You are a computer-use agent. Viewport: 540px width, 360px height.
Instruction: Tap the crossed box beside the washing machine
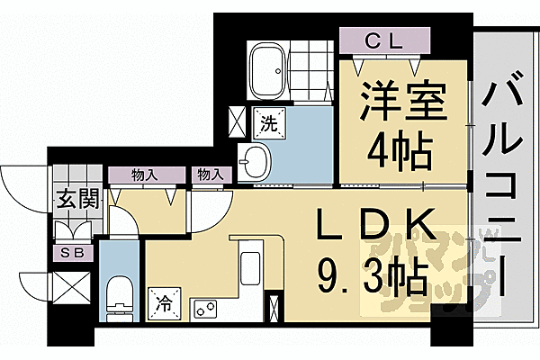(x=238, y=121)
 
